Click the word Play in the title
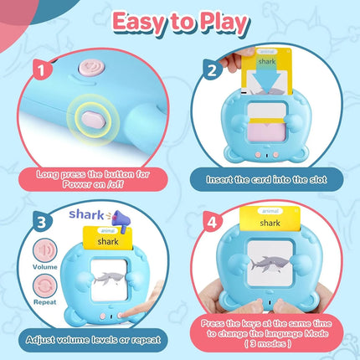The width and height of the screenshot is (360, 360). tap(224, 23)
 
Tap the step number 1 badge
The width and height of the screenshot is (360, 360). tap(41, 69)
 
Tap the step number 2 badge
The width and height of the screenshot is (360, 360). tap(212, 69)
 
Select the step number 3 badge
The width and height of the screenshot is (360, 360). tap(42, 223)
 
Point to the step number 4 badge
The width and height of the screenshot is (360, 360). tap(212, 223)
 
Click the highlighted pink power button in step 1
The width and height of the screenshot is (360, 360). tap(93, 120)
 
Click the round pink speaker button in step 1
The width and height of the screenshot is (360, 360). tap(91, 68)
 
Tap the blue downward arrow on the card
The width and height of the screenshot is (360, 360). tap(266, 79)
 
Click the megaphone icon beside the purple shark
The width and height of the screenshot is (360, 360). tap(121, 220)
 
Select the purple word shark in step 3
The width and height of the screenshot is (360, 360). tap(86, 214)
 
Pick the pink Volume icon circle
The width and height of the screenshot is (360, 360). tap(45, 250)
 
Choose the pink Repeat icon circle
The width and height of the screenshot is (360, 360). tap(45, 286)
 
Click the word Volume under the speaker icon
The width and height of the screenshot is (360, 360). tap(45, 267)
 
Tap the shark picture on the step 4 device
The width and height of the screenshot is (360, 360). tap(270, 264)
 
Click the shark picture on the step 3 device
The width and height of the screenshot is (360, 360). tap(109, 279)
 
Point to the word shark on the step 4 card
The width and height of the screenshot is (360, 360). tap(270, 223)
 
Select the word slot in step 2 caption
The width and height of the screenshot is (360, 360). tap(317, 179)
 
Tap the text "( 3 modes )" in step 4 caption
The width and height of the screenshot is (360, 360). tap(268, 343)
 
